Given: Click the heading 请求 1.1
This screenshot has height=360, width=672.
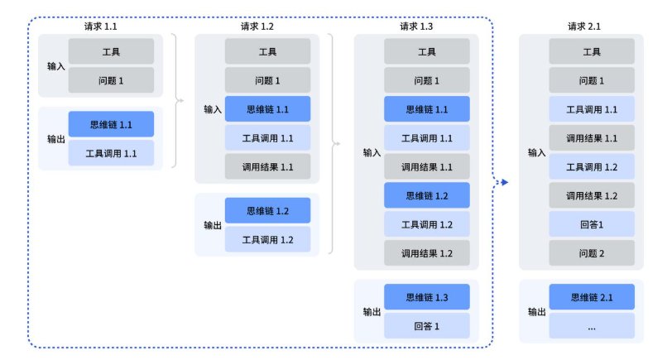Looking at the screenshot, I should tap(100, 26).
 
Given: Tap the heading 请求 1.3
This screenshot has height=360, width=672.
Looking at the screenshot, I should tap(415, 26).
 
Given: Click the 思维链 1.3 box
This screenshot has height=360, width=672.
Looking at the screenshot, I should tap(426, 296).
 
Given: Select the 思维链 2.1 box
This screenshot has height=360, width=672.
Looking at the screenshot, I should tap(592, 296).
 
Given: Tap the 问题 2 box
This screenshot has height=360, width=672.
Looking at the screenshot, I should tap(592, 252).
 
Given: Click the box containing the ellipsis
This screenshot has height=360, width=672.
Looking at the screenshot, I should tap(592, 325).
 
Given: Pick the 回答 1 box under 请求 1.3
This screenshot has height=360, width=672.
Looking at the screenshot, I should tap(426, 325).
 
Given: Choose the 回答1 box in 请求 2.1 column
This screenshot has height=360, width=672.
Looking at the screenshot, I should tap(592, 223).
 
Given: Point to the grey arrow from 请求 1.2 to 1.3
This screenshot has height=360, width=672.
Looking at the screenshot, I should tap(335, 143).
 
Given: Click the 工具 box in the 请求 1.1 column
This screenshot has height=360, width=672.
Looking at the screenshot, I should tap(111, 51).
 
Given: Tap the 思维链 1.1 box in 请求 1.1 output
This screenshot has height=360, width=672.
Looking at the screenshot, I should tap(111, 124).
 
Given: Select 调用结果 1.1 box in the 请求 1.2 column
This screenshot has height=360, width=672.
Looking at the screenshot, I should tap(267, 166).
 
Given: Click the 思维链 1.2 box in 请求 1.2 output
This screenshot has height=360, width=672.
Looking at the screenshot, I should tap(267, 210).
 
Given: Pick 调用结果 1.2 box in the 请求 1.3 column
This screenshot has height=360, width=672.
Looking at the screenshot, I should tap(426, 252).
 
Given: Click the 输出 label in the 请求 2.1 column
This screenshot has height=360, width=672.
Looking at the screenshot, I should tap(537, 312).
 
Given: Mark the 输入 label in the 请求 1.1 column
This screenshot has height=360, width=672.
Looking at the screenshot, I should tap(55, 66).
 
